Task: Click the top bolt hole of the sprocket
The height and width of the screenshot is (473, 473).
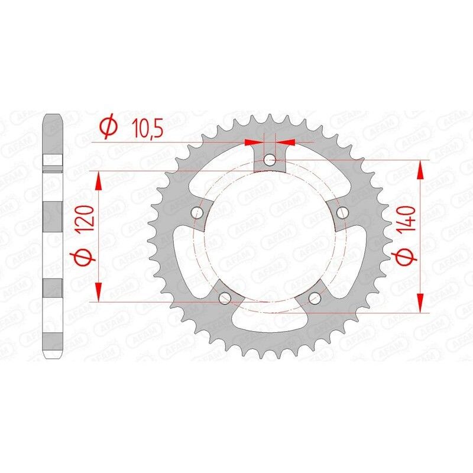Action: (270, 160)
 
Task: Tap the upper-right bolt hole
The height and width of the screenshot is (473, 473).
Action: (341, 211)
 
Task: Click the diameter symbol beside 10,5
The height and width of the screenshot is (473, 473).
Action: (108, 128)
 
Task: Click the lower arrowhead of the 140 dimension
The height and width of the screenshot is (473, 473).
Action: (420, 303)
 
